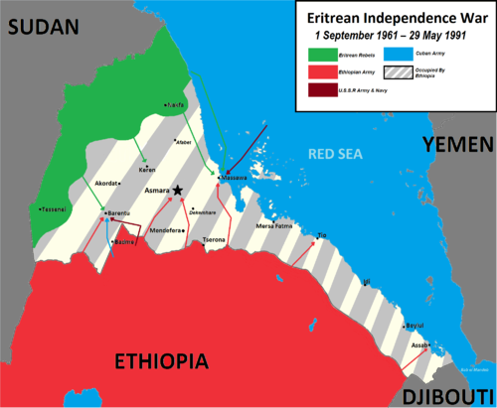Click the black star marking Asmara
pos(178,191)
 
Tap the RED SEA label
pos(333,155)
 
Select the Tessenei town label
pos(53,209)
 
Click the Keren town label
pos(146,171)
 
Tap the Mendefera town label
pos(138,230)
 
